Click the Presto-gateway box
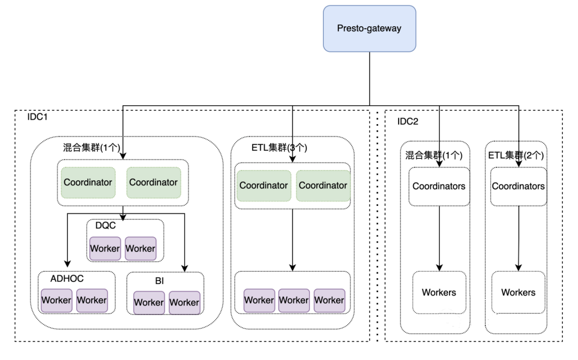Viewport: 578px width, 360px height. tap(369, 28)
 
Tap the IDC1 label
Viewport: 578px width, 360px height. tap(37, 117)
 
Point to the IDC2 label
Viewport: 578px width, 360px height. tap(408, 121)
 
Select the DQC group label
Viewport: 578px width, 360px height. tap(105, 226)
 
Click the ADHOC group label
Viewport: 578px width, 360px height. tap(67, 279)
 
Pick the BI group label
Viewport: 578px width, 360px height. tap(159, 281)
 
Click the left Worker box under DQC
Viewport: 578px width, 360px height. tap(105, 248)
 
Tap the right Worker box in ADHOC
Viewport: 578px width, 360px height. tap(92, 300)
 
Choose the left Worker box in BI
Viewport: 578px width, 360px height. tap(149, 303)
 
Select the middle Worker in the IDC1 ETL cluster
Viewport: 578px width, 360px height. tap(294, 300)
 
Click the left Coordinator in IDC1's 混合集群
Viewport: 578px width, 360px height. tap(88, 182)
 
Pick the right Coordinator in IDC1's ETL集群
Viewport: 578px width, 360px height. tap(323, 185)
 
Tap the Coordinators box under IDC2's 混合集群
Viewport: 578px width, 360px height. tap(439, 187)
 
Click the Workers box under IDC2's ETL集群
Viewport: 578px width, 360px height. tap(518, 293)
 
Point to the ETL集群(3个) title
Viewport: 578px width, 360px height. tap(279, 148)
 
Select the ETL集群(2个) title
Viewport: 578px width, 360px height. tap(516, 156)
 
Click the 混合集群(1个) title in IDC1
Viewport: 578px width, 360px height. tap(92, 148)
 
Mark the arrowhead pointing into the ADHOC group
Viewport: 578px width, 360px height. tap(67, 264)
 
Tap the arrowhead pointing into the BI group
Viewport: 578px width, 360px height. tap(185, 268)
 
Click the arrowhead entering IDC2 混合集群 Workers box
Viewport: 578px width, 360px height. tap(439, 267)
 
